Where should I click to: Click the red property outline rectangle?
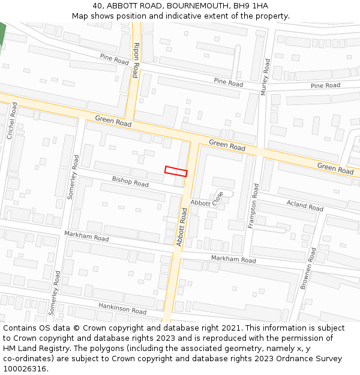[176, 171]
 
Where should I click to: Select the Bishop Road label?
[130, 181]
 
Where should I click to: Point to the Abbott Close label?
[207, 199]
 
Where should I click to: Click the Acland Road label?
[305, 206]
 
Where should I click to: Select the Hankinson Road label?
[122, 308]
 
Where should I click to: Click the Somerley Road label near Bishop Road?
[74, 177]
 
